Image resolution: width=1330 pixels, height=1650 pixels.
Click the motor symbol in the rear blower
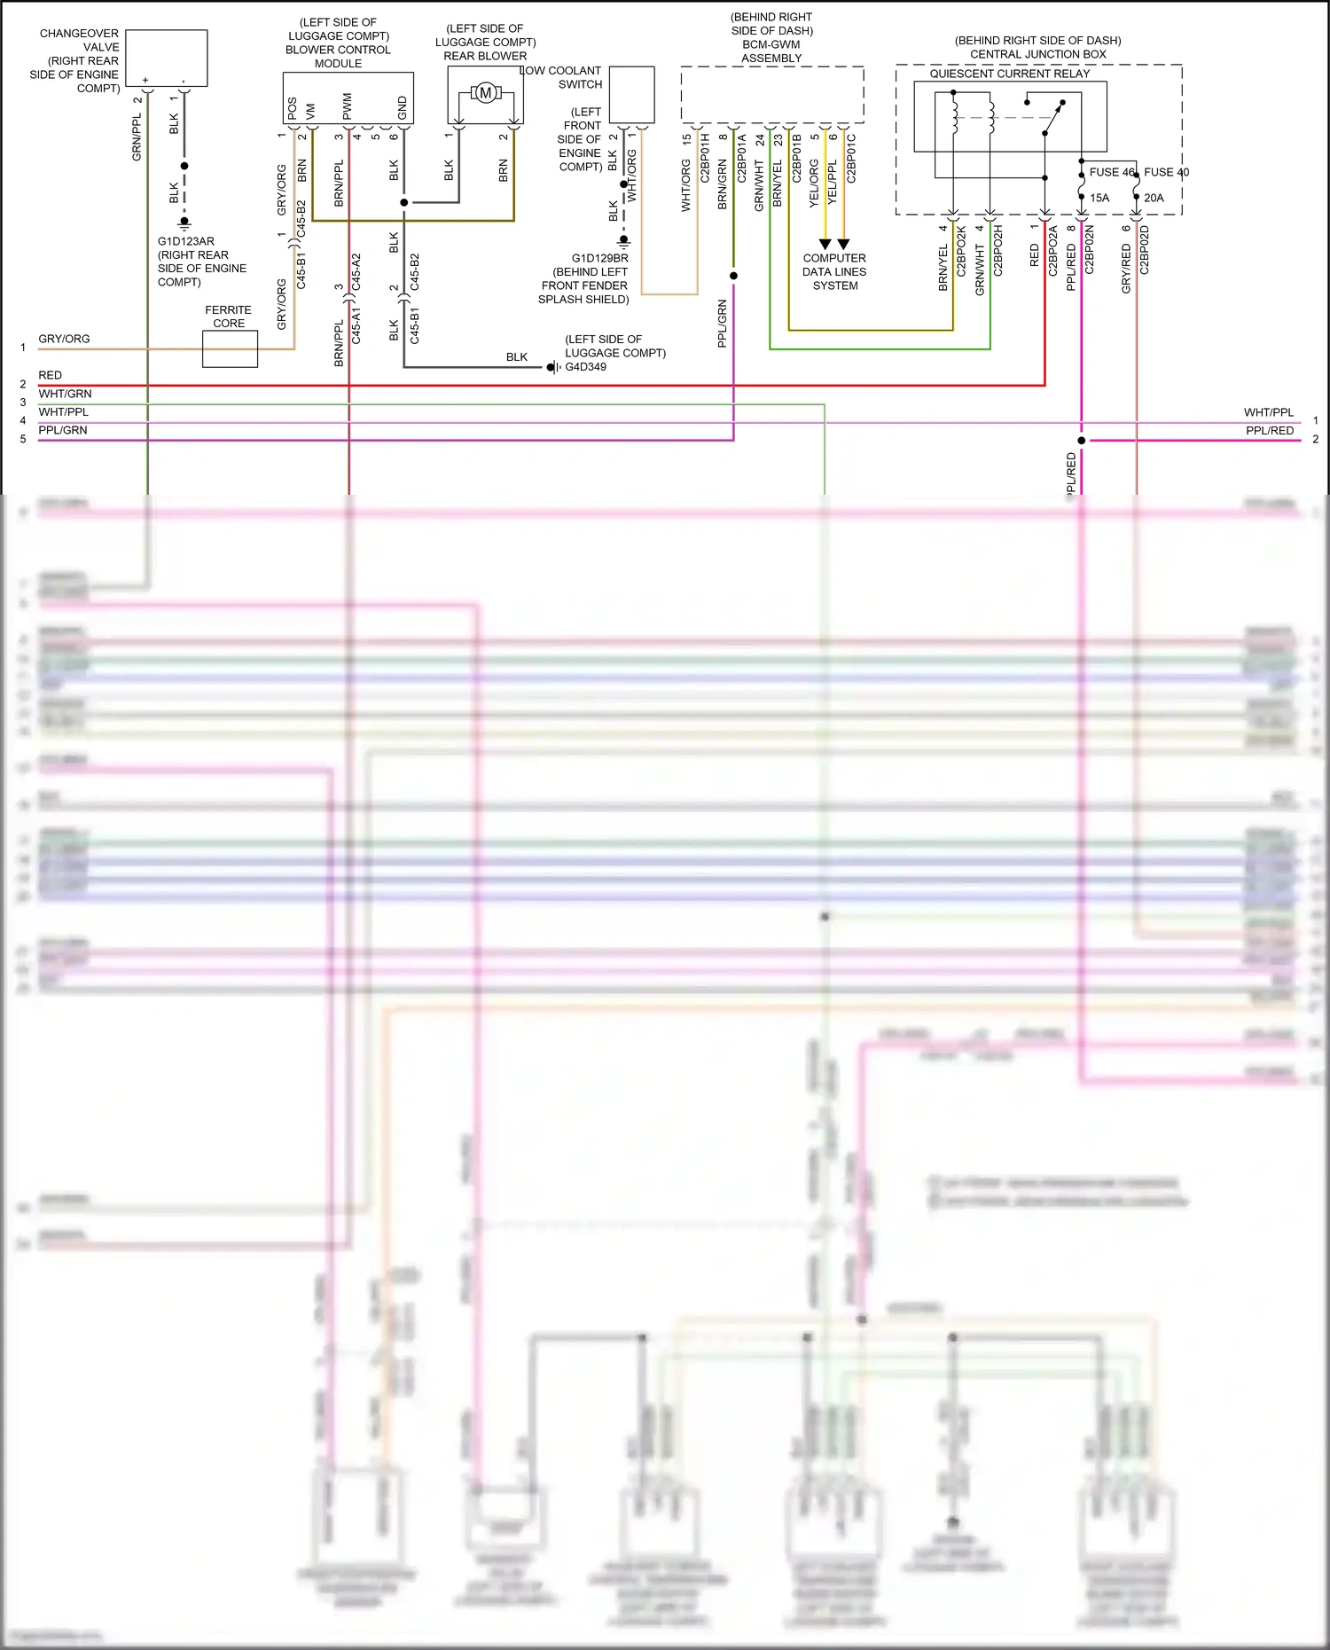pyautogui.click(x=485, y=93)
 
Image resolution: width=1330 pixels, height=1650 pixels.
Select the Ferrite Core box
pyautogui.click(x=230, y=348)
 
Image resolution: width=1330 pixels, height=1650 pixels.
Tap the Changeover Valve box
pyautogui.click(x=167, y=58)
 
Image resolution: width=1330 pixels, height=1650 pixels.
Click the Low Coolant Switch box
pyautogui.click(x=632, y=95)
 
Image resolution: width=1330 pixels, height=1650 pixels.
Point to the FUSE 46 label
pyautogui.click(x=1111, y=172)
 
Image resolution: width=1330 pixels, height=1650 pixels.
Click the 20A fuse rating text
pyautogui.click(x=1154, y=198)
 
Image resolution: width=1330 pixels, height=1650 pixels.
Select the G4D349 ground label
pyautogui.click(x=586, y=367)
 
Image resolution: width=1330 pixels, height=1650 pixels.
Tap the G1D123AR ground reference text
pyautogui.click(x=186, y=241)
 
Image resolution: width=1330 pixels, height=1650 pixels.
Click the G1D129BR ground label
pyautogui.click(x=599, y=259)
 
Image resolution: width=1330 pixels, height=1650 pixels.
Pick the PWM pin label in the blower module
pyautogui.click(x=347, y=106)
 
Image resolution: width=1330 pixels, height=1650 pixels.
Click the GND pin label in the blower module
pyautogui.click(x=402, y=107)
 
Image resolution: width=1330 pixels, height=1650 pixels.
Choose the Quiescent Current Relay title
pyautogui.click(x=1009, y=74)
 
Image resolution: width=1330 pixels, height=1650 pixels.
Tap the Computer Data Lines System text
pyautogui.click(x=834, y=272)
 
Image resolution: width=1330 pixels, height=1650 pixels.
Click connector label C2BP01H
pyautogui.click(x=705, y=159)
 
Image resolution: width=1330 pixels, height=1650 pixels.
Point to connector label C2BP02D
pyautogui.click(x=1144, y=250)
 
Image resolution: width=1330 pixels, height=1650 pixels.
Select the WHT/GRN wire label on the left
pyautogui.click(x=65, y=394)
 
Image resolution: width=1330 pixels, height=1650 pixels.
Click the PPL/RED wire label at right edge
pyautogui.click(x=1269, y=431)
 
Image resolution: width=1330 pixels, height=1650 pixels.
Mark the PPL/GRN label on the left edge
pyautogui.click(x=63, y=430)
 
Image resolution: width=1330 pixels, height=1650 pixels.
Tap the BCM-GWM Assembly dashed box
pyautogui.click(x=772, y=94)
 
